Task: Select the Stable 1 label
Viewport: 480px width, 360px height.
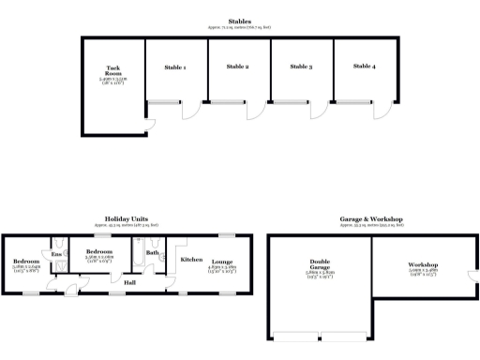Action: click(174, 67)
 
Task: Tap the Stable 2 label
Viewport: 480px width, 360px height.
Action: click(239, 67)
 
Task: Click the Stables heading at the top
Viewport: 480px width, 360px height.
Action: click(239, 21)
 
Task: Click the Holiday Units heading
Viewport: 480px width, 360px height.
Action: click(127, 219)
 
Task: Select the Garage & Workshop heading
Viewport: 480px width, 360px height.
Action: click(371, 219)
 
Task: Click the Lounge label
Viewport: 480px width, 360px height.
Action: click(221, 262)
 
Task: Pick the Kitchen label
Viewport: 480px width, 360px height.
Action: click(191, 259)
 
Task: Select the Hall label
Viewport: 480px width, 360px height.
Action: click(130, 280)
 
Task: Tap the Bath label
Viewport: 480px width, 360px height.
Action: click(152, 252)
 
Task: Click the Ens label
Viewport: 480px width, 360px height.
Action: click(55, 254)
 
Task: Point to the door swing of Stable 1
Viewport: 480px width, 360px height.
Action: click(190, 111)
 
